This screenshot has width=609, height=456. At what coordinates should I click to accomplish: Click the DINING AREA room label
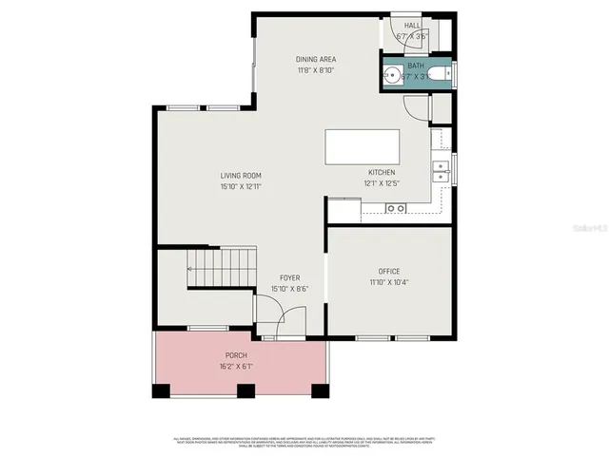316,59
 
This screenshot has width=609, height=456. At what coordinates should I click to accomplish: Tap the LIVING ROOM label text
241,176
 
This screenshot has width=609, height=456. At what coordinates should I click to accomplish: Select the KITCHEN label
383,173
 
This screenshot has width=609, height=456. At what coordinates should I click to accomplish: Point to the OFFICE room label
388,272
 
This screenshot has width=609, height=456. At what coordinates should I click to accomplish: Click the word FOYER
289,277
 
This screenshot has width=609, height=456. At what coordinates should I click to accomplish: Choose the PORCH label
236,355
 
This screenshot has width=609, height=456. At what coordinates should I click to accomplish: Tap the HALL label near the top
412,26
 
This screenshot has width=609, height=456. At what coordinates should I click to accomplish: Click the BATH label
416,66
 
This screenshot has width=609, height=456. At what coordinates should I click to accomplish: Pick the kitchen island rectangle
363,147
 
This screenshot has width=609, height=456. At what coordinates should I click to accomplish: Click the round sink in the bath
390,72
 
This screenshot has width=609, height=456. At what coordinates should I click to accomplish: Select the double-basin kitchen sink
441,170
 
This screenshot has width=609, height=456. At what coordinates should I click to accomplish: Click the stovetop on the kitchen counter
395,208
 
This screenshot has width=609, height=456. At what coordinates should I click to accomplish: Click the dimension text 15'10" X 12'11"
241,186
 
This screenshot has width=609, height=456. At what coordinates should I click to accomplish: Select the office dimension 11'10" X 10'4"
388,282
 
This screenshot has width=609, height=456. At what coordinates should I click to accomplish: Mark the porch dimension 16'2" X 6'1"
236,366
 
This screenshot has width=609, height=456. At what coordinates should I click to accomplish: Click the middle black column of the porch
246,390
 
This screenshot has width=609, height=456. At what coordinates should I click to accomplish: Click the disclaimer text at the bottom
304,442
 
